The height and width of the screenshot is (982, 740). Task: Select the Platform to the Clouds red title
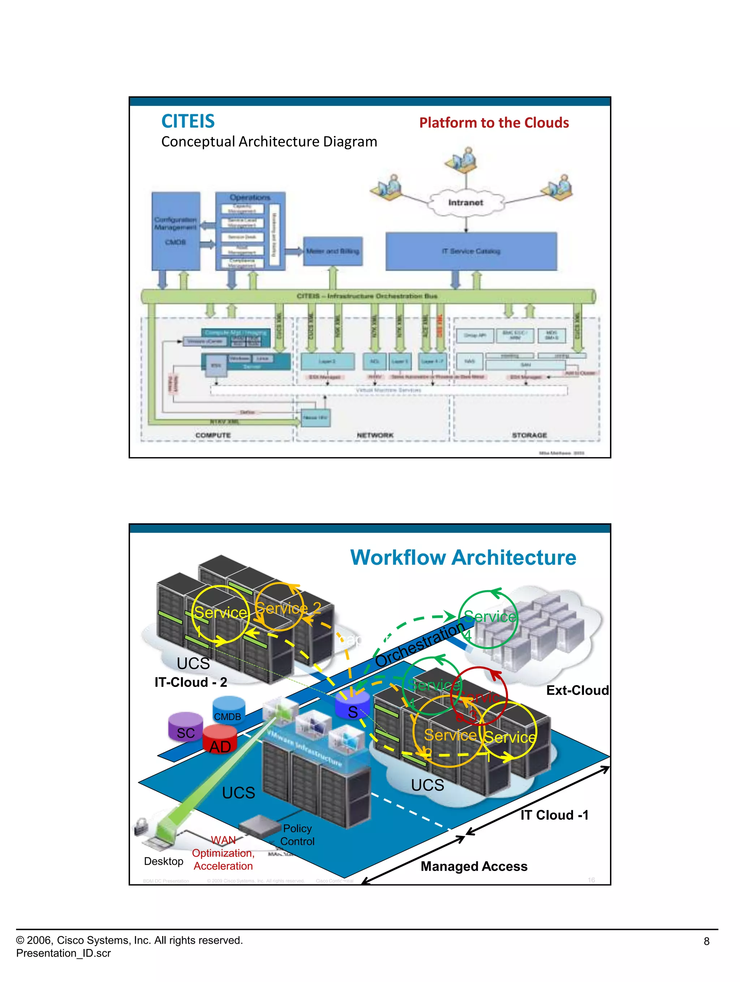pyautogui.click(x=494, y=123)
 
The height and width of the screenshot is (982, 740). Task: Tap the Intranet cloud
pyautogui.click(x=465, y=202)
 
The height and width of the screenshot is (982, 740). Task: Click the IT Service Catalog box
pyautogui.click(x=471, y=251)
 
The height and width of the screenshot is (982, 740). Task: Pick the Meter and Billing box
pyautogui.click(x=333, y=251)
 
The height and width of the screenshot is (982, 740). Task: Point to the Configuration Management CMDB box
pyautogui.click(x=176, y=231)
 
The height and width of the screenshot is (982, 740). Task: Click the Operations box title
pyautogui.click(x=250, y=197)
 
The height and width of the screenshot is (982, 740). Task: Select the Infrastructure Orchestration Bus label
pyautogui.click(x=367, y=296)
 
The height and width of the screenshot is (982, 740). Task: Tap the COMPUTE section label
pyautogui.click(x=213, y=435)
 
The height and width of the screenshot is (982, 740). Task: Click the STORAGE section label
pyautogui.click(x=529, y=435)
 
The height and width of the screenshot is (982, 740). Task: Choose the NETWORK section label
pyautogui.click(x=375, y=435)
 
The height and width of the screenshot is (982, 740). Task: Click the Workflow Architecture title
pyautogui.click(x=463, y=558)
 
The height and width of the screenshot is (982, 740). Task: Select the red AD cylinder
pyautogui.click(x=220, y=742)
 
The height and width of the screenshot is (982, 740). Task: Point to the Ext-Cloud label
pyautogui.click(x=577, y=690)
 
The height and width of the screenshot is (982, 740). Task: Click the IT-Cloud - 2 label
pyautogui.click(x=191, y=682)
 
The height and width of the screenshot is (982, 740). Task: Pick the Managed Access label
pyautogui.click(x=474, y=866)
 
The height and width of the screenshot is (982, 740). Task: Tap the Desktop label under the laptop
pyautogui.click(x=163, y=861)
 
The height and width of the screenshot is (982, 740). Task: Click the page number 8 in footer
pyautogui.click(x=706, y=941)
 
